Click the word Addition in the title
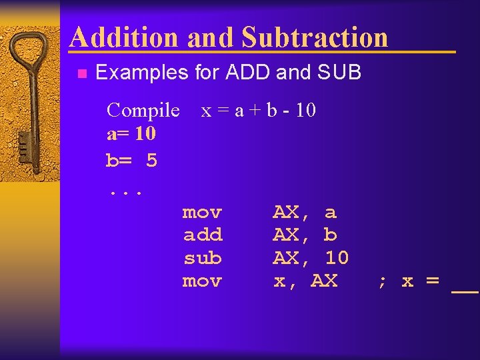coord(125,37)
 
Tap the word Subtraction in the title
coord(315,37)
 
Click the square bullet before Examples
coord(81,73)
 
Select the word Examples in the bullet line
coord(141,72)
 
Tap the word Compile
coord(143,110)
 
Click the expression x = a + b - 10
coord(258,110)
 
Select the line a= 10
coord(131,133)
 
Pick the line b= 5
coord(131,160)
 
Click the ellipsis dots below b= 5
coord(125,192)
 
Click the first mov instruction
coord(202,213)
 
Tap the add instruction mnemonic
coord(202,235)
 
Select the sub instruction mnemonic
coord(202,257)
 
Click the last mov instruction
coord(202,281)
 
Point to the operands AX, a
coord(305,213)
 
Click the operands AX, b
coord(305,235)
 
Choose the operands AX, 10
coord(311,257)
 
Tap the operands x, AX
coord(305,281)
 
